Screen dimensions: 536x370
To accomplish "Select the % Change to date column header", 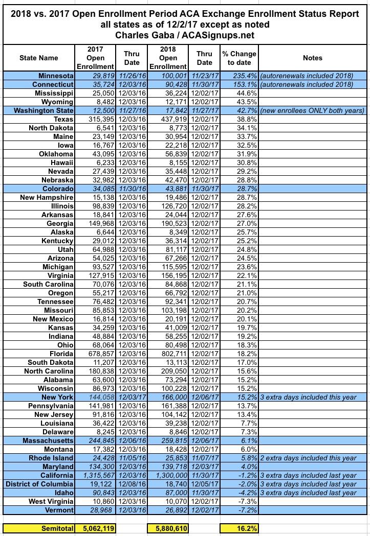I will point(238,58).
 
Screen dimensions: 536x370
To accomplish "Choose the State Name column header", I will point(39,58).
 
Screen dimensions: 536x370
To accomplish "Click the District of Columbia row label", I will point(40,484).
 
